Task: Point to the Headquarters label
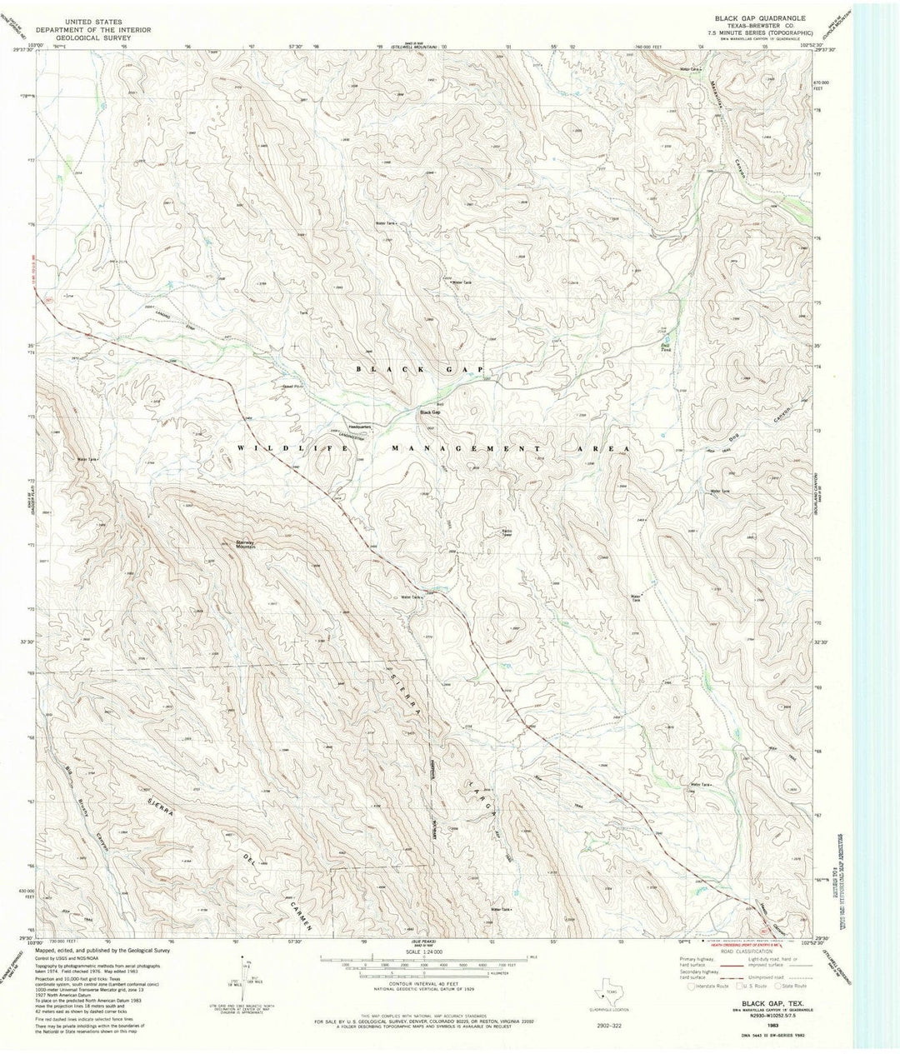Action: [x=360, y=426]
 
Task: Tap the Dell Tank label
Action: [x=665, y=347]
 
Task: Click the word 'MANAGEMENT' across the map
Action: [x=467, y=448]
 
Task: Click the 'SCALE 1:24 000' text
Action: [x=425, y=951]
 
